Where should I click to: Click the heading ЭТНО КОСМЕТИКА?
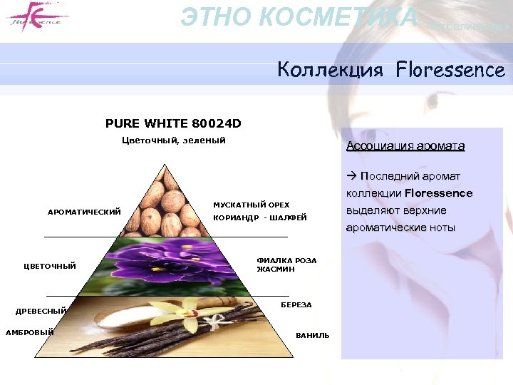pos(299,16)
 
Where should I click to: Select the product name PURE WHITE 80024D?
pos(173,123)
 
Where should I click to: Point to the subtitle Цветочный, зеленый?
pos(174,140)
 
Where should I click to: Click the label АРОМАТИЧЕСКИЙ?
pos(84,212)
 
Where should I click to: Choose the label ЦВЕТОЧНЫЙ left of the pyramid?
pos(50,266)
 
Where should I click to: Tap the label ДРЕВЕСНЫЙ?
pos(41,310)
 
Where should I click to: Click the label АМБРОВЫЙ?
pos(30,332)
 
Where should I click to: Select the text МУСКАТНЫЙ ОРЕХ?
pos(252,205)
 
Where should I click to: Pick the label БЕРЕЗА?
pos(296,305)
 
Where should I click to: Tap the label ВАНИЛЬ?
pos(313,336)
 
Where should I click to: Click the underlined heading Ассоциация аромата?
pos(405,146)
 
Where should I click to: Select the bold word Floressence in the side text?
pos(438,193)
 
